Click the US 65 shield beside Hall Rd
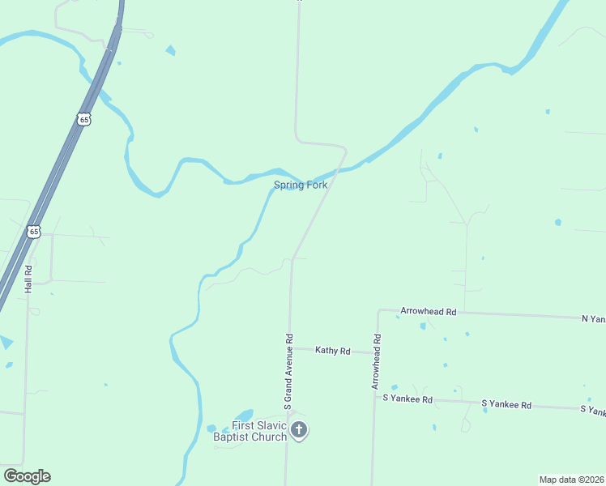[x=33, y=232]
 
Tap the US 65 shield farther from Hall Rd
[x=85, y=119]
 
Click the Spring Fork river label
[x=301, y=185]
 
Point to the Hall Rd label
[x=28, y=279]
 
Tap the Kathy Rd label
[x=333, y=351]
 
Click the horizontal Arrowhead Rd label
[x=429, y=311]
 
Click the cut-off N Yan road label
[x=593, y=319]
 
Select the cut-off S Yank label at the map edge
[x=592, y=411]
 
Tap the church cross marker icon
[x=299, y=430]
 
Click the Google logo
[x=27, y=476]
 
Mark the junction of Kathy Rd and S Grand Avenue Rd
[x=289, y=348]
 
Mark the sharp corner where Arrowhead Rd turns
[x=378, y=309]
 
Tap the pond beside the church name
[x=243, y=416]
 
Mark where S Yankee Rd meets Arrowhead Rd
[x=374, y=397]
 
